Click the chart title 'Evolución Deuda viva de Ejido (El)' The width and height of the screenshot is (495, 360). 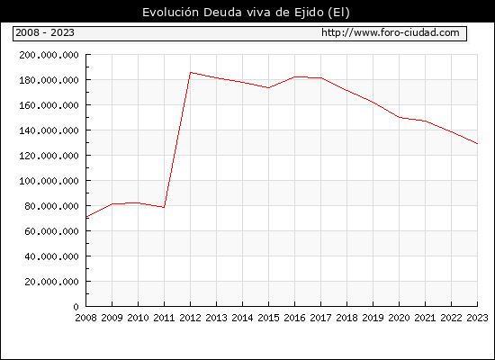246,13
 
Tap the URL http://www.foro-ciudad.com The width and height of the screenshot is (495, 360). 391,32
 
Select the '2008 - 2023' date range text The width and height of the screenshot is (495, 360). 45,32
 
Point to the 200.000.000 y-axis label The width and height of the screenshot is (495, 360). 49,55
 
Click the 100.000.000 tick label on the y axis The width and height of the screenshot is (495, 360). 49,181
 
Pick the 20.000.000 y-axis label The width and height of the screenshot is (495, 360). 52,282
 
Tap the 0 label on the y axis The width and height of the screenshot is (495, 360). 76,307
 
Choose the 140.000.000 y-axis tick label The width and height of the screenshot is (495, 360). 49,130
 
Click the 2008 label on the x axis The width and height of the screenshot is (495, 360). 85,318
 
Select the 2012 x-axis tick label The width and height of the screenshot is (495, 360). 191,318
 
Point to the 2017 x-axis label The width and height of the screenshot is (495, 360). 320,318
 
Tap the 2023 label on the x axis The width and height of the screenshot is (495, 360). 477,318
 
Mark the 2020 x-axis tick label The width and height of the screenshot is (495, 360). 399,318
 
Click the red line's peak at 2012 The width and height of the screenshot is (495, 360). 191,72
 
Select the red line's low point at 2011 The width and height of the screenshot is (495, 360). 164,207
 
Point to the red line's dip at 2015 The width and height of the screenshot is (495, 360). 269,88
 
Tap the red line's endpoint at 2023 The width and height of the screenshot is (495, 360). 477,144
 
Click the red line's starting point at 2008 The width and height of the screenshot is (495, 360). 86,217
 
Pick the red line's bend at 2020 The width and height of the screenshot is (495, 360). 399,118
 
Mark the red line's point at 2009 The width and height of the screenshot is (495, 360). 112,204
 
